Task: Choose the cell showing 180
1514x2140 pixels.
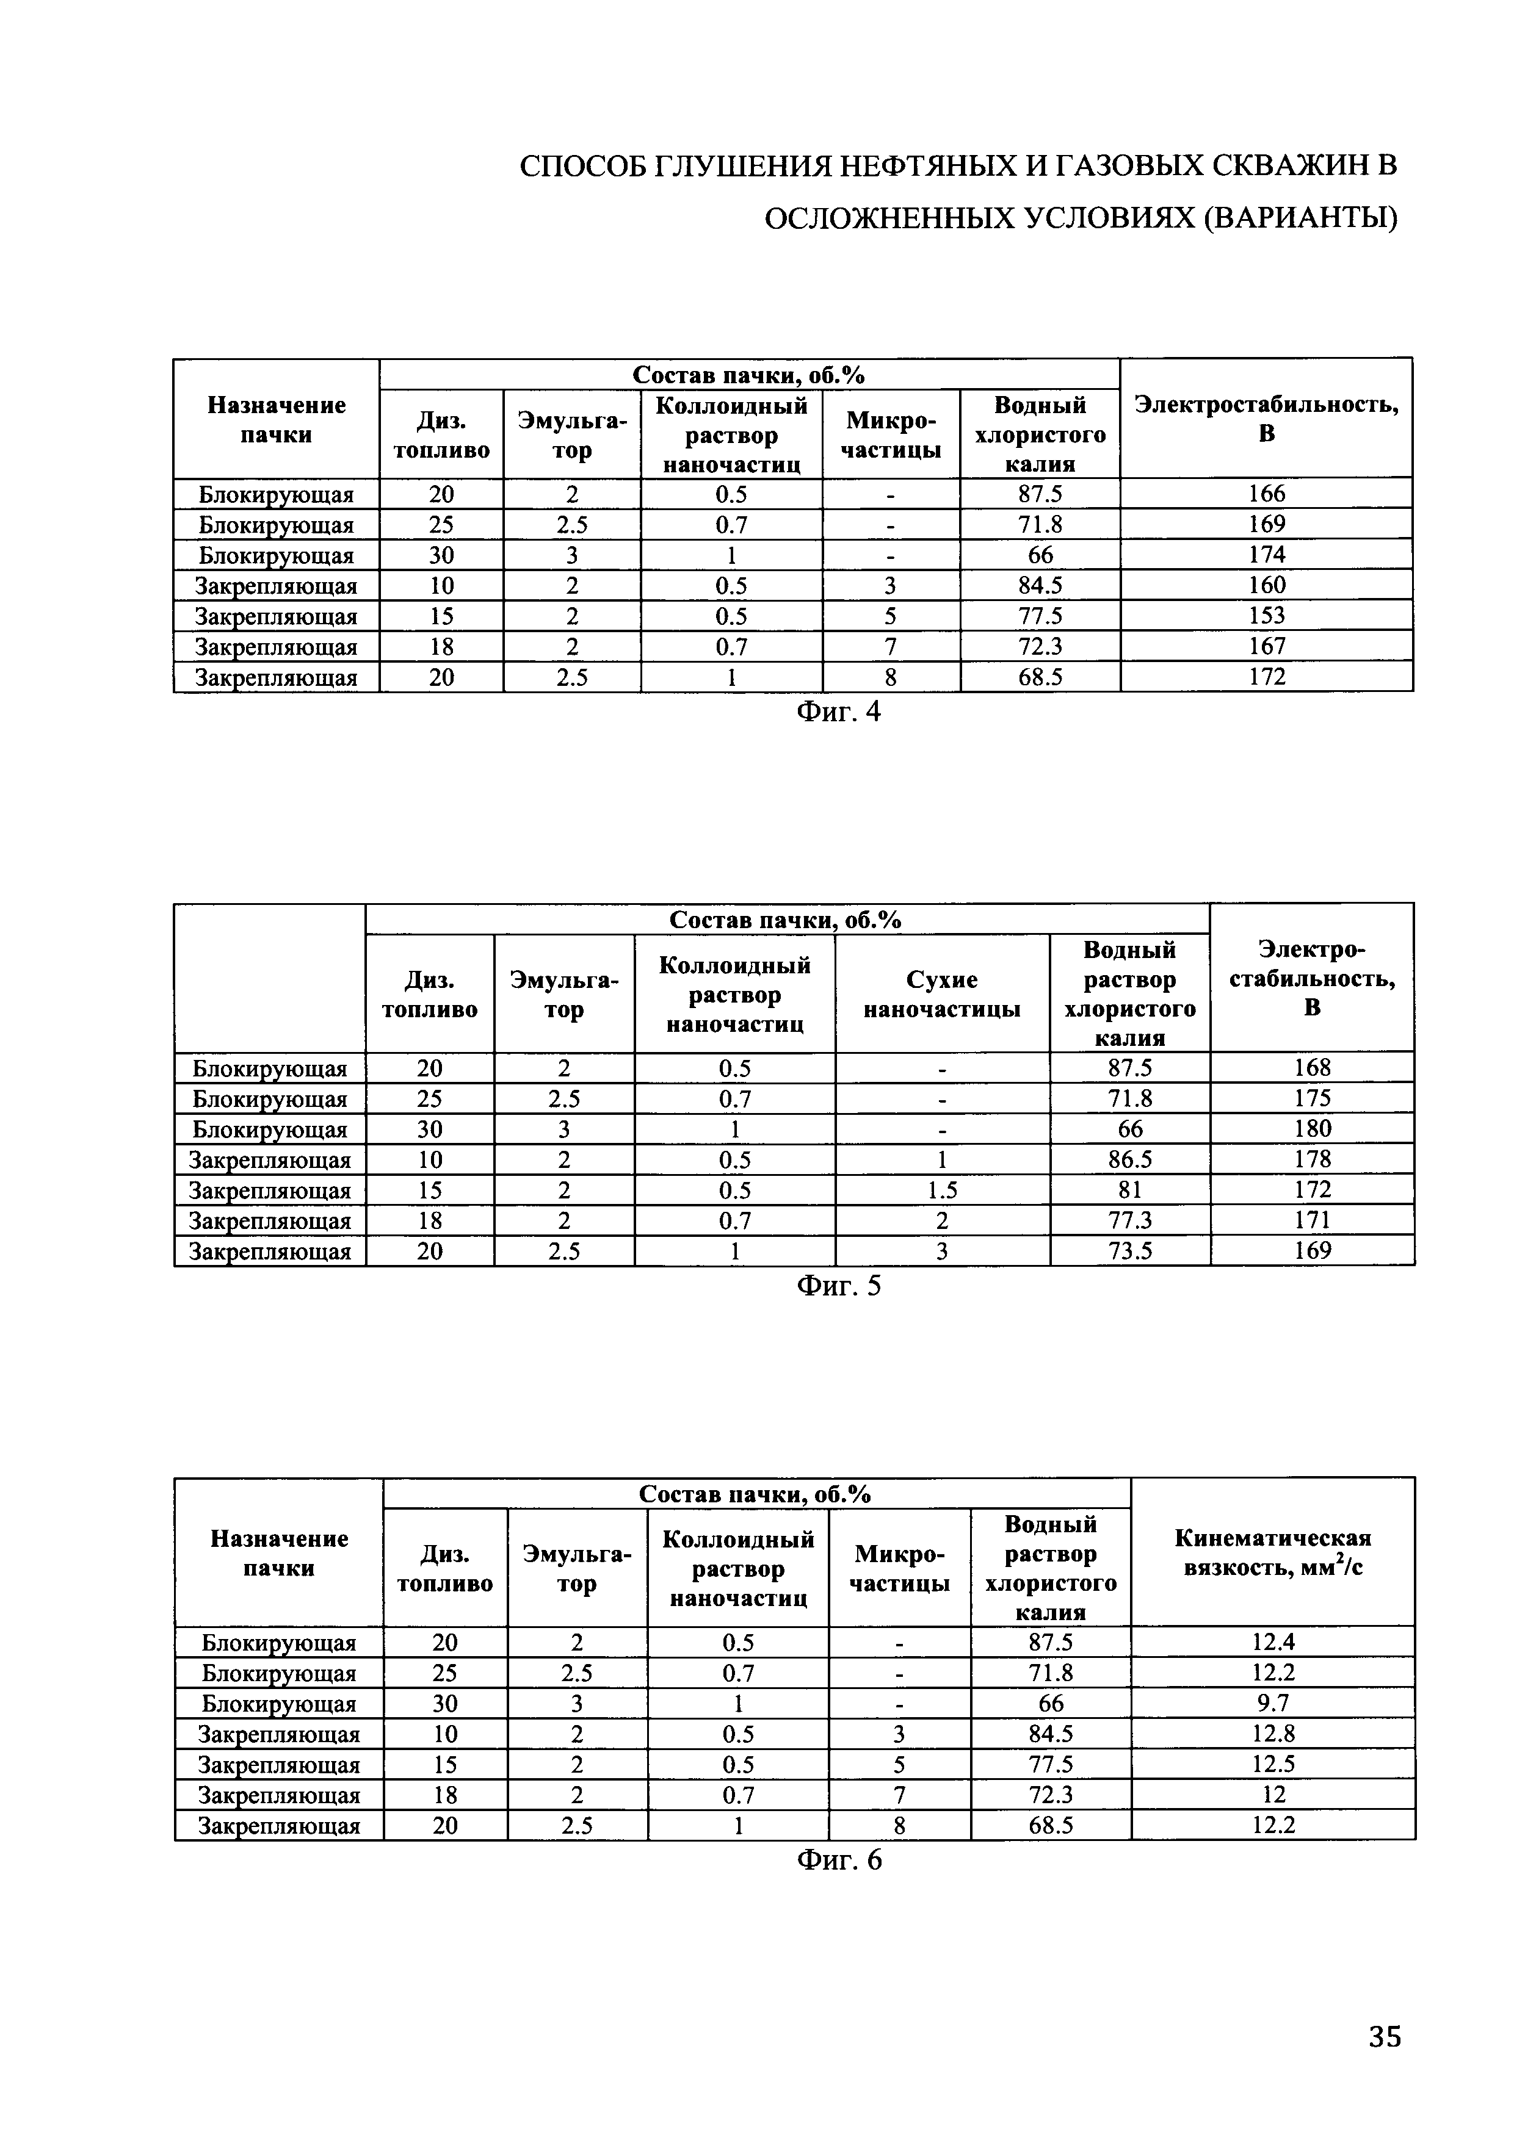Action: tap(1313, 1129)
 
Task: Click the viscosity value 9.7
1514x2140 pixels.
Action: tap(1272, 1704)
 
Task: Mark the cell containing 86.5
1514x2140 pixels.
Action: tap(1130, 1159)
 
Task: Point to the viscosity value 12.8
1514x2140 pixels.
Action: tap(1272, 1735)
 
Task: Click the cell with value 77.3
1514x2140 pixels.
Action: tap(1130, 1220)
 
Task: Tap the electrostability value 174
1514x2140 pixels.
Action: tap(1266, 555)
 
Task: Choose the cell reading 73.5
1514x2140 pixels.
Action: tap(1130, 1251)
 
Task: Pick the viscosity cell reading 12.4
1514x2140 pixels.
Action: tap(1272, 1642)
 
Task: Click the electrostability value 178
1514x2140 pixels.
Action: tap(1313, 1159)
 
